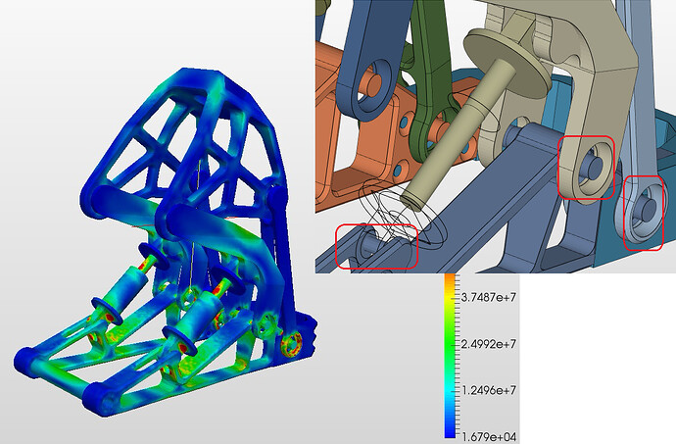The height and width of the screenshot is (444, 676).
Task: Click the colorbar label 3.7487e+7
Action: point(489,297)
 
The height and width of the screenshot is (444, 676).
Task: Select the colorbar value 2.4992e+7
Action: point(489,344)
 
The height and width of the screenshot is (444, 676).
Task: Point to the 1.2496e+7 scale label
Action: point(489,390)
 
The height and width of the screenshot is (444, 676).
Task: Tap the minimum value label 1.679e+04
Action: point(489,437)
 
